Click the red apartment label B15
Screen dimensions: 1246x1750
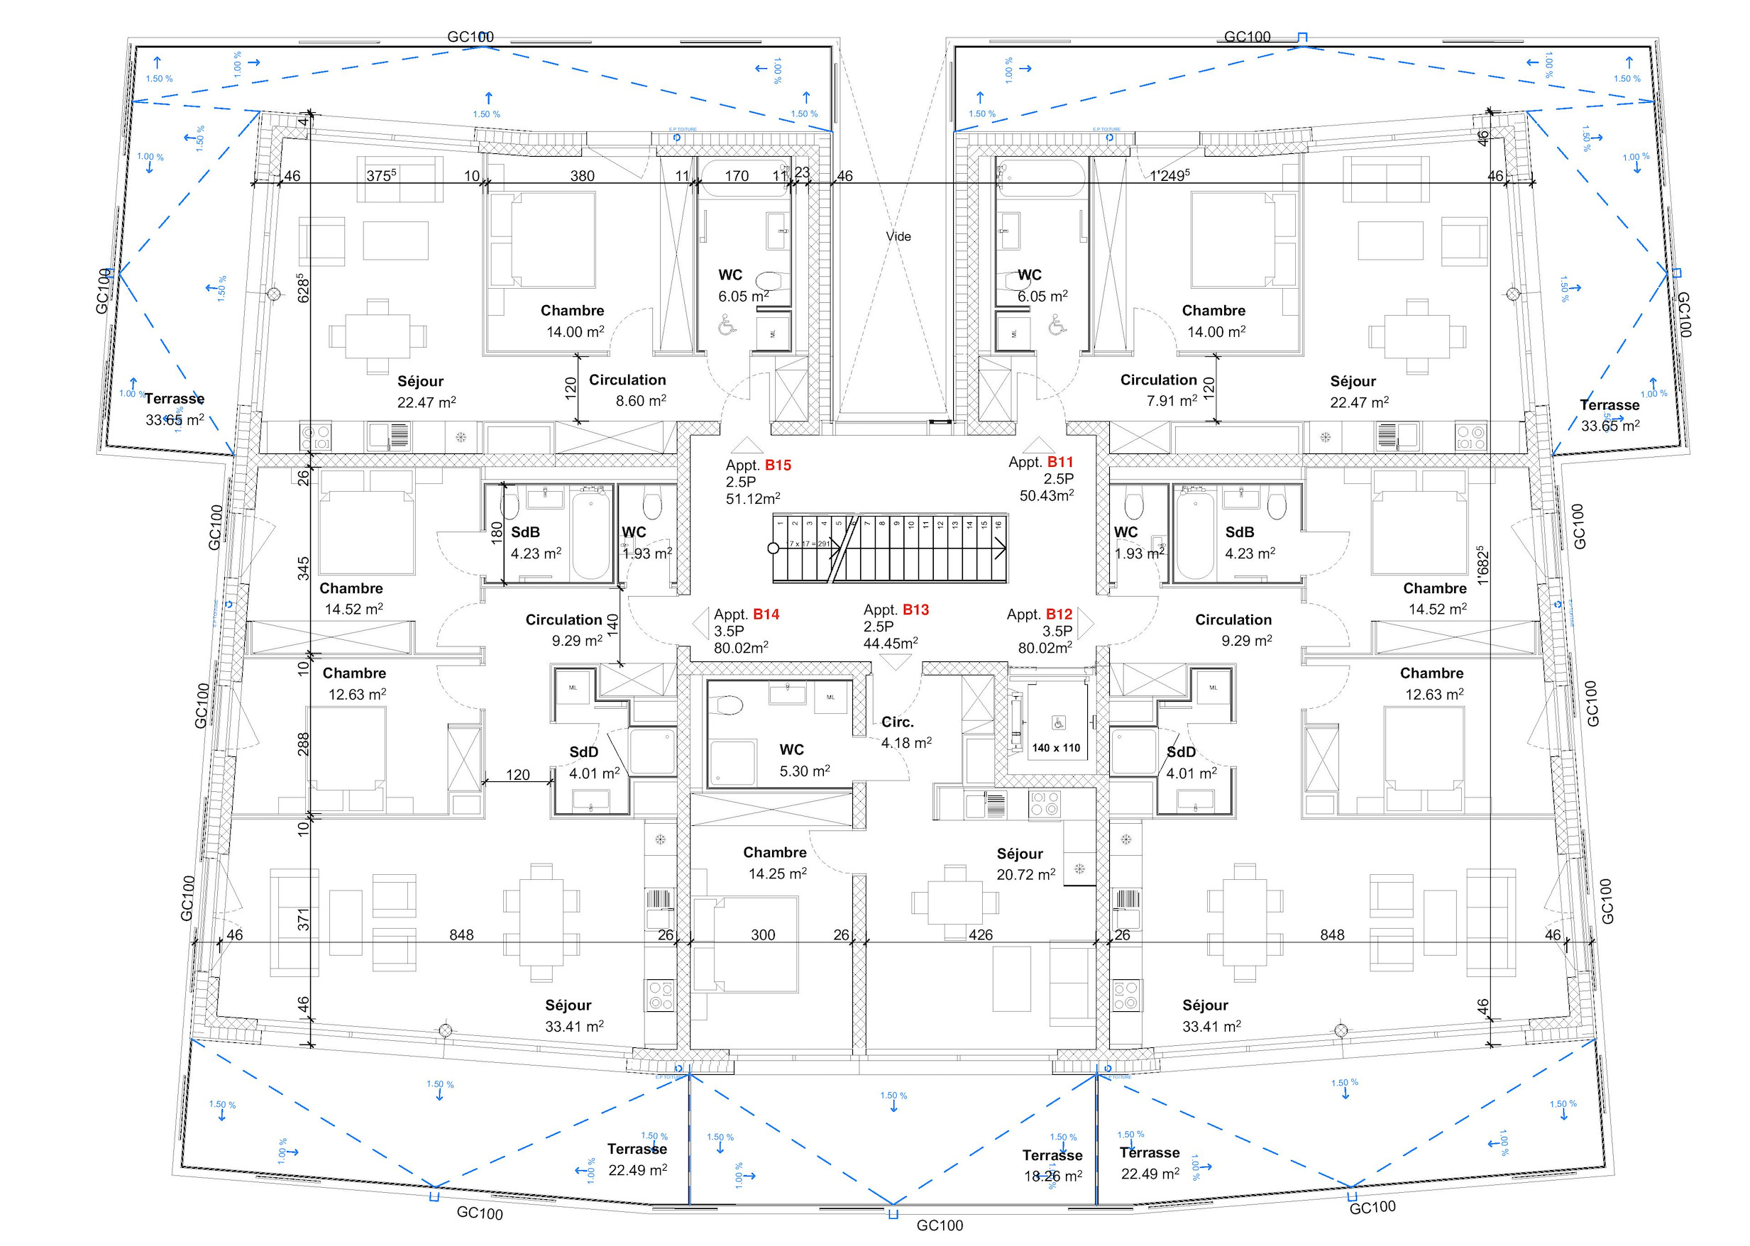[x=777, y=465]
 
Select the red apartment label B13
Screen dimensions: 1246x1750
[x=915, y=610]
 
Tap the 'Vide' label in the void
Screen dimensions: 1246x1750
[x=898, y=236]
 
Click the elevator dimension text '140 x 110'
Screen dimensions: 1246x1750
[x=1056, y=747]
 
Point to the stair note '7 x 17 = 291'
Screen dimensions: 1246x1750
[x=810, y=544]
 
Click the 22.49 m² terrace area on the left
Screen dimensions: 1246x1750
[x=637, y=1170]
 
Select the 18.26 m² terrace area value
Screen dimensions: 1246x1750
[x=1052, y=1176]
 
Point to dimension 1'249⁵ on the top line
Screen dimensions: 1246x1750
[x=1170, y=176]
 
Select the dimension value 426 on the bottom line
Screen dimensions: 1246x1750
[x=980, y=934]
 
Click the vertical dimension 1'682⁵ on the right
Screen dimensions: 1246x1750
[x=1482, y=566]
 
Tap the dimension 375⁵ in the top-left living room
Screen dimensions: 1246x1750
[x=380, y=176]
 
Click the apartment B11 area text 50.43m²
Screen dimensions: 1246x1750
[x=1046, y=496]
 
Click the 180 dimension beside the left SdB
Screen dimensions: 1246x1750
[x=496, y=532]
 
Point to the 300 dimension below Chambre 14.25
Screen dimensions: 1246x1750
[x=763, y=934]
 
